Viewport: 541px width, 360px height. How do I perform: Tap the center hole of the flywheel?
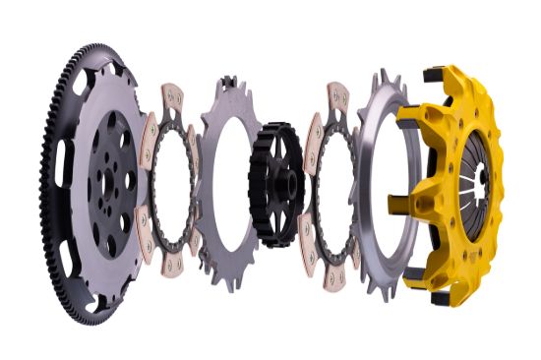click(x=107, y=176)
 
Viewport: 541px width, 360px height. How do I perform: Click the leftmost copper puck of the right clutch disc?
click(x=314, y=139)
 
